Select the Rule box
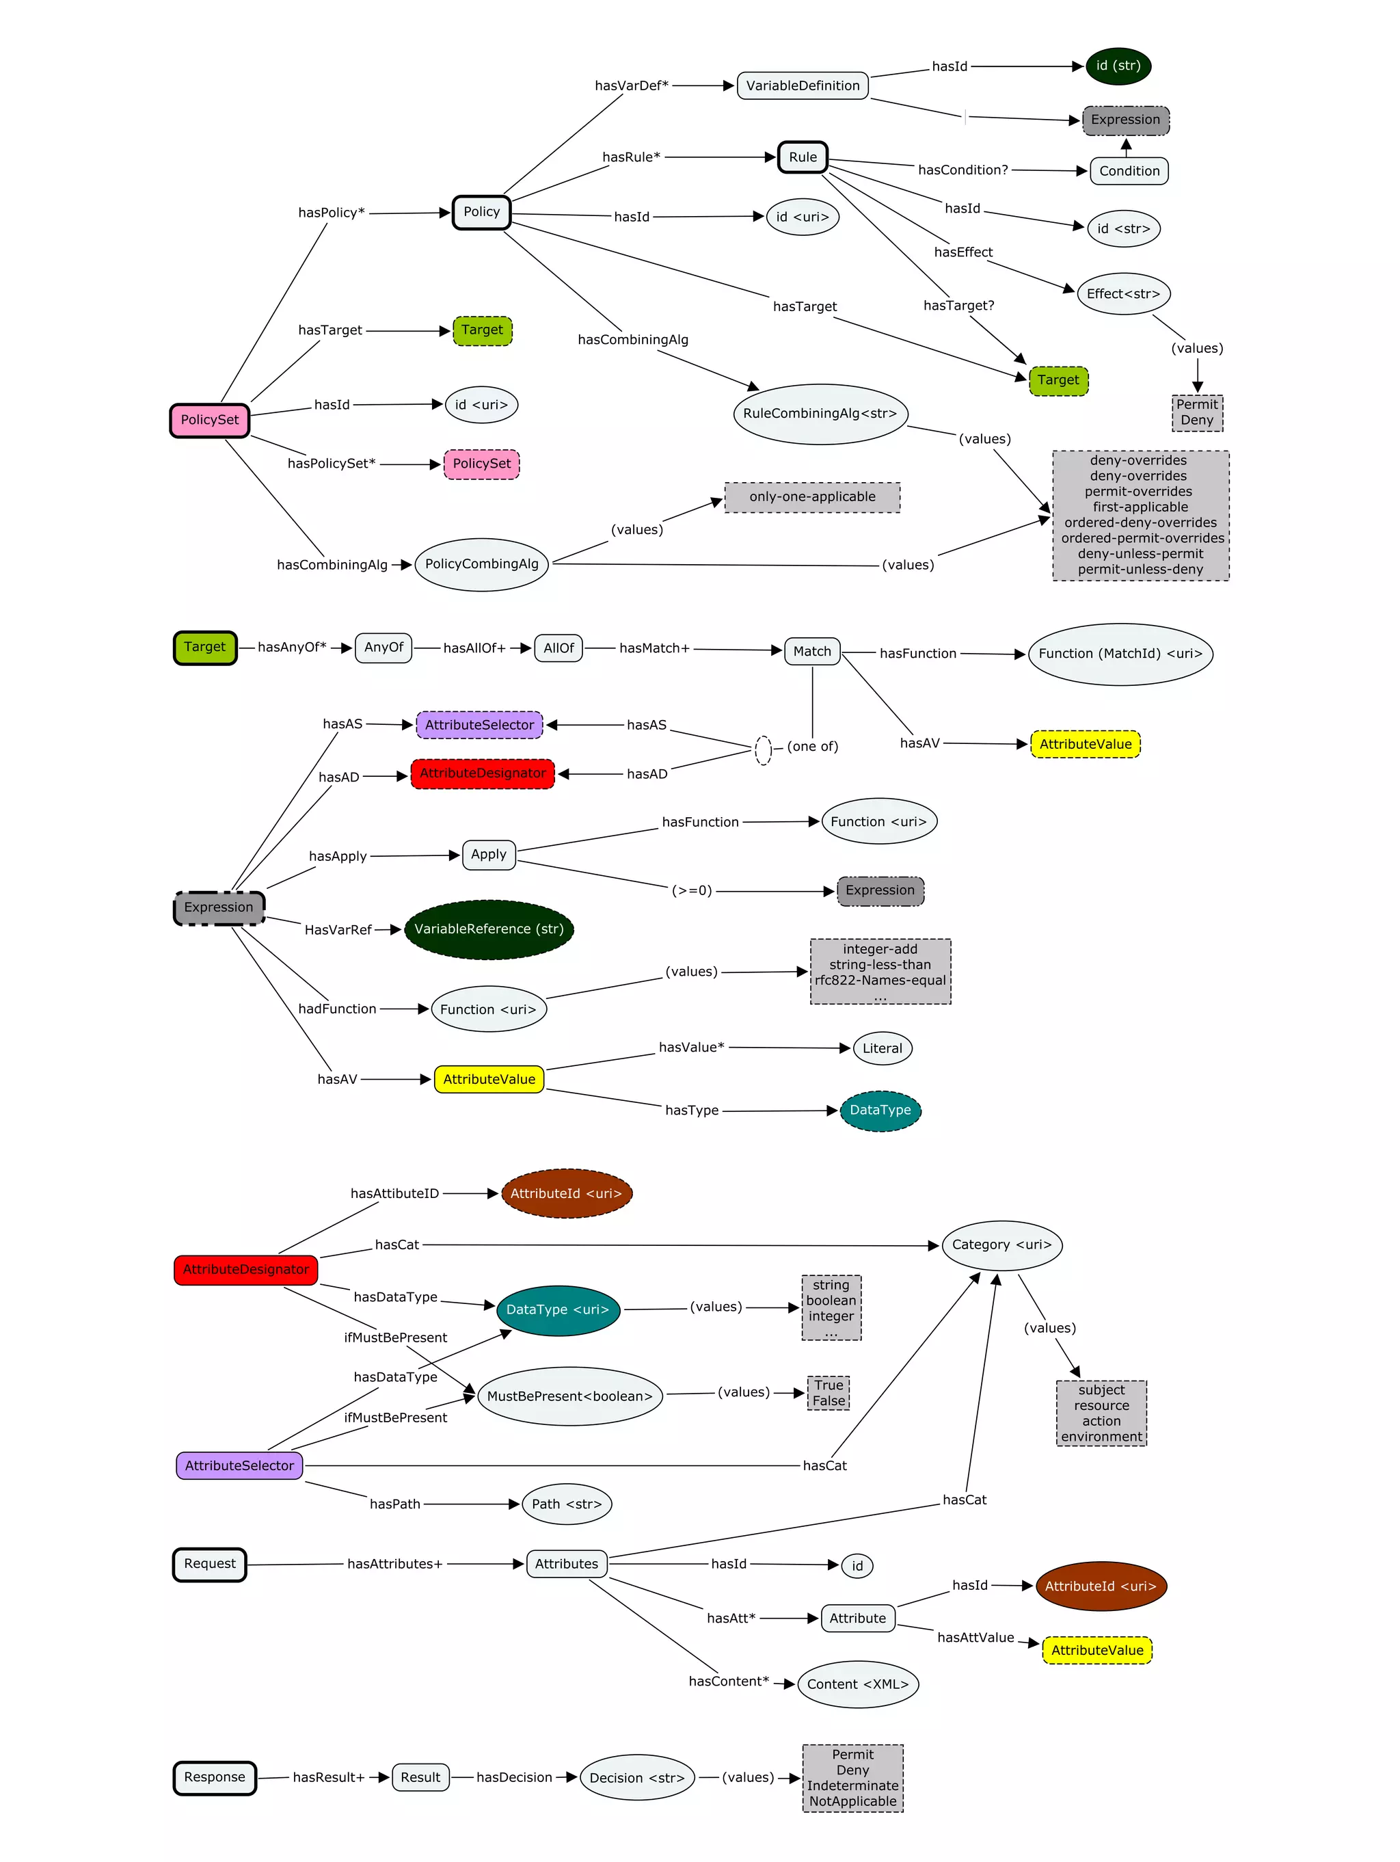tap(803, 157)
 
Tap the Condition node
tap(1128, 171)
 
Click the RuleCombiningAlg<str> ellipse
tap(820, 413)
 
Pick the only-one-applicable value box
tap(812, 496)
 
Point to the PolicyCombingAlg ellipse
tap(481, 564)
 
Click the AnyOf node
tap(383, 648)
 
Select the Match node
tap(812, 651)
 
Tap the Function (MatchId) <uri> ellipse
tap(1120, 653)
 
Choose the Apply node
tap(489, 854)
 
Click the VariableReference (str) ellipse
tap(489, 929)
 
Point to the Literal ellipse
tap(882, 1048)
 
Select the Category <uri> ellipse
tap(1001, 1244)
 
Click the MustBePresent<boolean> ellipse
tap(569, 1396)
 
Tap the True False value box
tap(828, 1392)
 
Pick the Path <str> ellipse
tap(566, 1504)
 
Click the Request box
tap(209, 1564)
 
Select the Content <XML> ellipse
tap(857, 1684)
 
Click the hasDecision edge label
tap(514, 1777)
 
